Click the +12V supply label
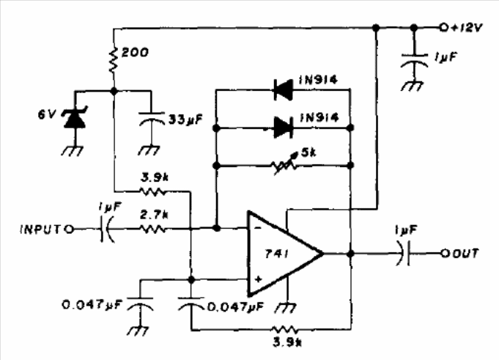[466, 28]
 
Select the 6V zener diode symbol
[75, 117]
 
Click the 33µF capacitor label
[185, 120]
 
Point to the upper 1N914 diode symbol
[283, 90]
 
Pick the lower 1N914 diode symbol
[283, 128]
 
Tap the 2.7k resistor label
[154, 216]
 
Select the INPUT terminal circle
[70, 229]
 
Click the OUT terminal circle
[445, 254]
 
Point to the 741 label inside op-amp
[276, 254]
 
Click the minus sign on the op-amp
[258, 228]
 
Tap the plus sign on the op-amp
[259, 279]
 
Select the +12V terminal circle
[443, 28]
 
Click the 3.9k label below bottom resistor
[287, 342]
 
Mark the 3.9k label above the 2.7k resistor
[155, 177]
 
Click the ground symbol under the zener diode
[73, 150]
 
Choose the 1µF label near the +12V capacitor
[446, 57]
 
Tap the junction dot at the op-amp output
[350, 254]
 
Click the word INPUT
[40, 229]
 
